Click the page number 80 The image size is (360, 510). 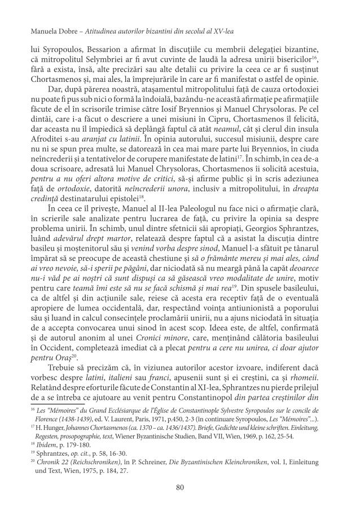coord(180,487)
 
